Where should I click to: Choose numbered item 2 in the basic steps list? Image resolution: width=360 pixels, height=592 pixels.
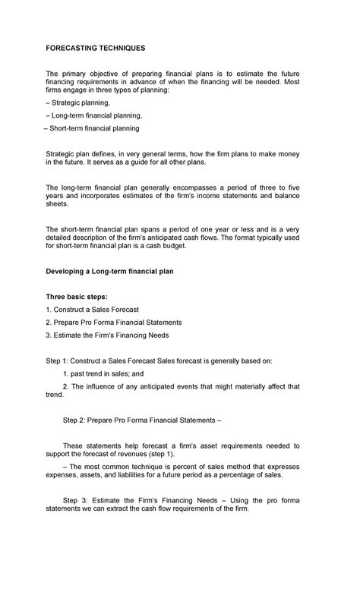tap(114, 322)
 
